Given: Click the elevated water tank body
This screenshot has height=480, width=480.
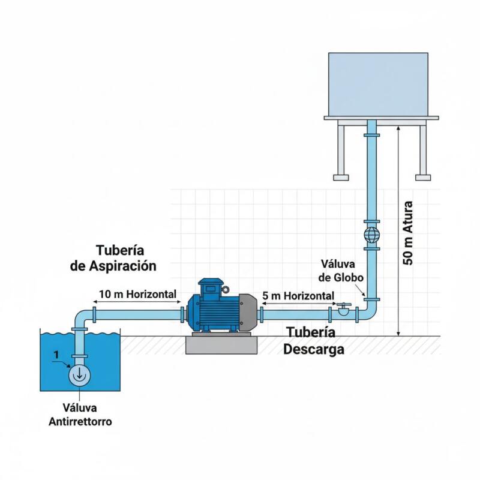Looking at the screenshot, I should click(379, 84).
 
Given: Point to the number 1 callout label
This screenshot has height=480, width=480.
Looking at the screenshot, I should click(56, 355).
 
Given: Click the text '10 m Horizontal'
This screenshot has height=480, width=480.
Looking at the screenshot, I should click(137, 295).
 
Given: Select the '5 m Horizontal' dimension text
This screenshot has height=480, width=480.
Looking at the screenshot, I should click(298, 296).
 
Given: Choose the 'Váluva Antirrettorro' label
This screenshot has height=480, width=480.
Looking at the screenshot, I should click(79, 415).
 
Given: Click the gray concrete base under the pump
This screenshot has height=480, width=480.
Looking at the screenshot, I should click(222, 344).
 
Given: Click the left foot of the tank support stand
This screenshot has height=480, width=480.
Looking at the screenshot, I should click(341, 177).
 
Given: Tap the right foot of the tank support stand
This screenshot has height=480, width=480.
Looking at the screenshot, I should click(424, 177).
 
